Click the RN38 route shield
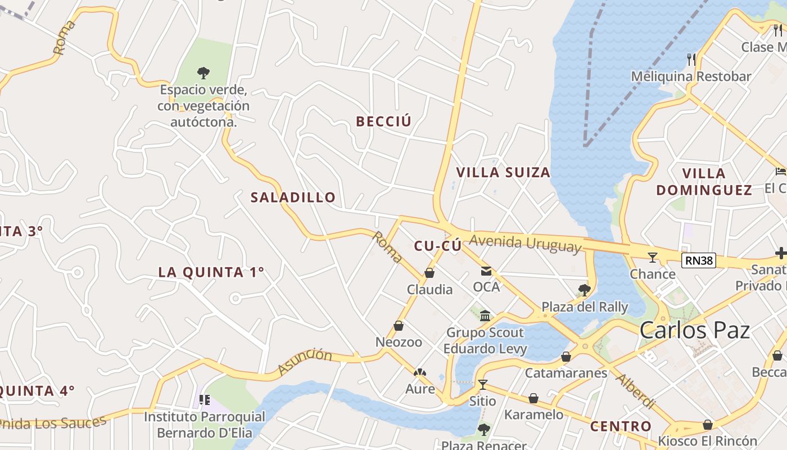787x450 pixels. pyautogui.click(x=699, y=260)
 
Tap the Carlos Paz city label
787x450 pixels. pyautogui.click(x=695, y=330)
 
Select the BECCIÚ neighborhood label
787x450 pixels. pyautogui.click(x=383, y=121)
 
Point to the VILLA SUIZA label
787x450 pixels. pyautogui.click(x=503, y=173)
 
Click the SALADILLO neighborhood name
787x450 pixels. pyautogui.click(x=293, y=197)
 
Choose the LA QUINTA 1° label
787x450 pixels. pyautogui.click(x=211, y=272)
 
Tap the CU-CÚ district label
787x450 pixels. pyautogui.click(x=437, y=246)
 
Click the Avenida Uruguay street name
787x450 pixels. pyautogui.click(x=525, y=243)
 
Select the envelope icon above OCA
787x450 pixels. pyautogui.click(x=486, y=272)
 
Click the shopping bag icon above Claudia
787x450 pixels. pyautogui.click(x=429, y=273)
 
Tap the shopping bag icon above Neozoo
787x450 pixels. pyautogui.click(x=399, y=326)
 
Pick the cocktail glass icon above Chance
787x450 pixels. pyautogui.click(x=652, y=258)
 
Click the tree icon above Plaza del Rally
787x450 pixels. pyautogui.click(x=585, y=290)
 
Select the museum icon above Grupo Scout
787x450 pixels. pyautogui.click(x=485, y=316)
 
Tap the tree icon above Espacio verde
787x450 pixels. pyautogui.click(x=203, y=73)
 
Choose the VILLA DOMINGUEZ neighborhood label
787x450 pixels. pyautogui.click(x=704, y=181)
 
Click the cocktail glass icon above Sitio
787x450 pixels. pyautogui.click(x=482, y=385)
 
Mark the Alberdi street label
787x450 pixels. pyautogui.click(x=635, y=390)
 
